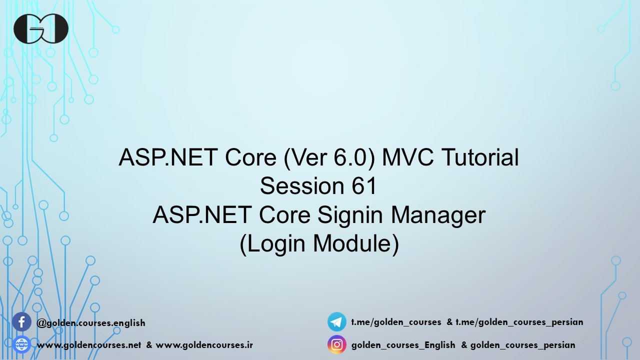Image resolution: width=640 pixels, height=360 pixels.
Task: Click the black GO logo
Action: coord(41,28)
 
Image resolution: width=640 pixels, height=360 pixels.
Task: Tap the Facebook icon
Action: coord(21,322)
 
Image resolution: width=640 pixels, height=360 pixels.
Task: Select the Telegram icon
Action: coord(336,321)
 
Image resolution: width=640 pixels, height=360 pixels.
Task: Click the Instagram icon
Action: coord(336,344)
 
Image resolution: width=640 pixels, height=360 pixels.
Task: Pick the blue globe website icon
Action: coord(21,344)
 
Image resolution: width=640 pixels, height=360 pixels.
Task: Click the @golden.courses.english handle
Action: coord(91,322)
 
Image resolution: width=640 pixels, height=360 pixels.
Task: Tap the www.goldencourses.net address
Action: coord(89,345)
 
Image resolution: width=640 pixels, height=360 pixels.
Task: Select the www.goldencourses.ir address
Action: coord(204,345)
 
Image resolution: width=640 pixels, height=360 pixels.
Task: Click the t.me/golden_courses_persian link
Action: coord(519,322)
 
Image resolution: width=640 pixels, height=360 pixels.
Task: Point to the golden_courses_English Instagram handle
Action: coord(403,345)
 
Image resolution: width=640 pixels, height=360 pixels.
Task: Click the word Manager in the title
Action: coord(438,215)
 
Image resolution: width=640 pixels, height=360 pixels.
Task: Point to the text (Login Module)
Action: coord(319,244)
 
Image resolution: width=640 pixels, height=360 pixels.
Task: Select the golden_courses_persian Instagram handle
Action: coord(522,345)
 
